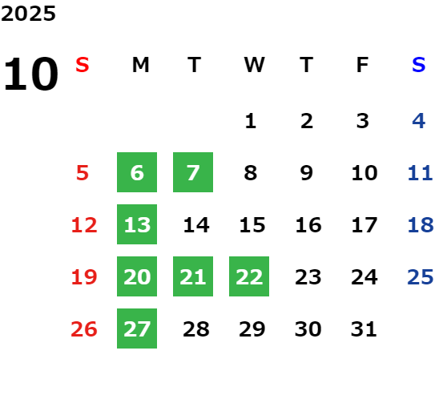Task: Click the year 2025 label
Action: pos(28,14)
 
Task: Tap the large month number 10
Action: pos(31,74)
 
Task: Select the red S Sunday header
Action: pos(83,65)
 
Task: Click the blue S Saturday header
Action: pos(419,65)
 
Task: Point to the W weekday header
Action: pos(254,65)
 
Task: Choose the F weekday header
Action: pos(363,65)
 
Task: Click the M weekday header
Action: pos(140,65)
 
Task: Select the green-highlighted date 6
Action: pos(137,172)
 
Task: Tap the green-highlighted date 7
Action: pos(193,172)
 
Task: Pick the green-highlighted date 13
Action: pos(137,224)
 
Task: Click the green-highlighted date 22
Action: pos(249,276)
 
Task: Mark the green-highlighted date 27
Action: pos(137,328)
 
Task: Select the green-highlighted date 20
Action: pos(137,276)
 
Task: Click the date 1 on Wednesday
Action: pos(250,121)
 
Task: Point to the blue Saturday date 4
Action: pos(419,121)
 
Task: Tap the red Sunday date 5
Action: pos(83,172)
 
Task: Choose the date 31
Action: pos(364,328)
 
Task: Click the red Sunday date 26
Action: pos(84,328)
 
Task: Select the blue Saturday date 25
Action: pos(421,276)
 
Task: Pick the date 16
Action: pos(308,224)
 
